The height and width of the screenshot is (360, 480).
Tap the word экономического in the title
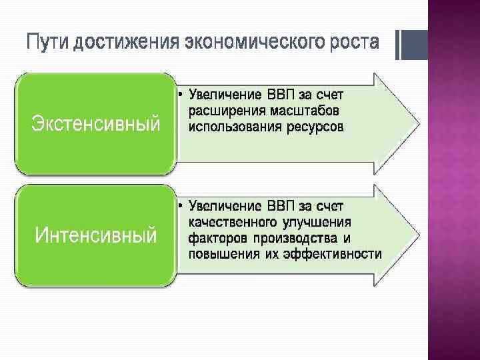tap(244, 43)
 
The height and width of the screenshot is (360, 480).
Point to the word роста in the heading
tap(351, 43)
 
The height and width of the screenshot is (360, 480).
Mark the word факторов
tap(217, 238)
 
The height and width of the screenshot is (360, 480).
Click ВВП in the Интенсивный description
tap(281, 205)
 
